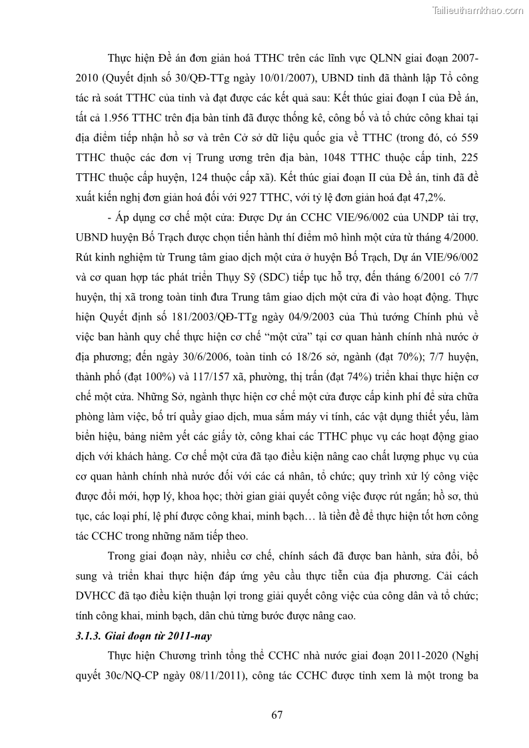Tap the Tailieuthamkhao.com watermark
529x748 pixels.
click(x=478, y=10)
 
